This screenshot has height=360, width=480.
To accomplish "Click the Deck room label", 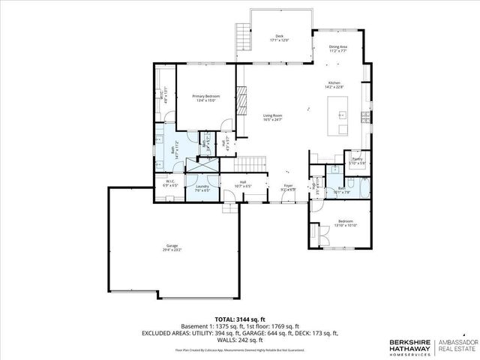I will point(280,38).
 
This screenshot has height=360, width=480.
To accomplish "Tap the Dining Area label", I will point(337,49).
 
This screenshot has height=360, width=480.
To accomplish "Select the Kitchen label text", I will point(334,85).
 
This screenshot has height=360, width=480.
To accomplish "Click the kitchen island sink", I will point(342,115).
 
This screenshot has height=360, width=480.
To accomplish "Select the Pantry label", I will point(356,160).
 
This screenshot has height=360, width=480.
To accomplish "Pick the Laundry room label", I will point(202,187).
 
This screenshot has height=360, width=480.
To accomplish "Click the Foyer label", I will point(288,187).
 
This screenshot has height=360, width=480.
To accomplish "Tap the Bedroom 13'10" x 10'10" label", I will point(346,223).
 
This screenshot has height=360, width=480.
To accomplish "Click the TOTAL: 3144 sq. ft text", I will point(240,318).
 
